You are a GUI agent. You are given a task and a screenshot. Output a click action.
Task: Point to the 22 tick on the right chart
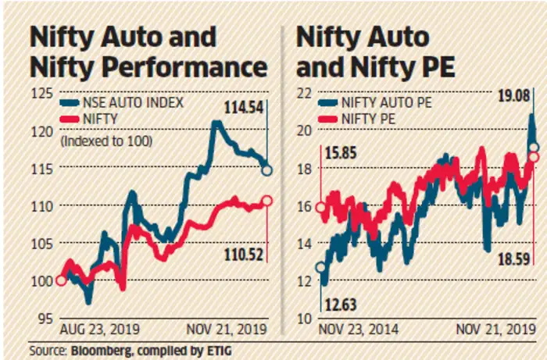click(304, 94)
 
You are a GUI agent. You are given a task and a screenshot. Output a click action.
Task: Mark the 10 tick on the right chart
click(304, 318)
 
